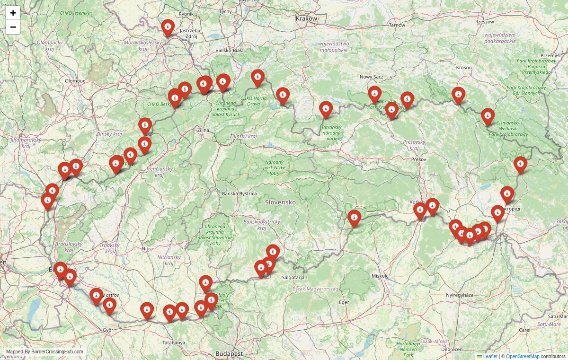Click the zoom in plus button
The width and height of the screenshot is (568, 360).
tap(13, 13)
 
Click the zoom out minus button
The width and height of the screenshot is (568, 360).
tap(13, 27)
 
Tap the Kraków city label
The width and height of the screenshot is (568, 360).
tap(306, 18)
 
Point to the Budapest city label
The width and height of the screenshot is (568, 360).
tap(229, 353)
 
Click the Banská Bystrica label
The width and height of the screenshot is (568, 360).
tap(240, 193)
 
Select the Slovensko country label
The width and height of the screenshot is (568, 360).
tap(280, 202)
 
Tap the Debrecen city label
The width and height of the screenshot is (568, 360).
tap(451, 349)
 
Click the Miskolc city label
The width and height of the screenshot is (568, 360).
tap(380, 275)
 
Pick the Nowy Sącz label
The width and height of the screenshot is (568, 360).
tap(371, 77)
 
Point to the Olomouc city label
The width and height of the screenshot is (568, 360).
tap(75, 81)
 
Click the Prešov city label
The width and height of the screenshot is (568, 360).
tap(418, 159)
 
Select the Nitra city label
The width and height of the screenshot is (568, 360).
tap(147, 248)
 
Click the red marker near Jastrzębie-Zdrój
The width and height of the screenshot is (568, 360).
tap(168, 27)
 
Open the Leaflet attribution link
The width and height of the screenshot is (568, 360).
tap(490, 356)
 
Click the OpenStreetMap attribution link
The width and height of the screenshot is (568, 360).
tap(523, 356)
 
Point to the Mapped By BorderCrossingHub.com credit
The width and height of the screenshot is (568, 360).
tap(44, 351)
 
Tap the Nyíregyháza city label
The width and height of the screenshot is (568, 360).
tap(460, 295)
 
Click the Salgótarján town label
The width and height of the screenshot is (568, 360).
tap(294, 277)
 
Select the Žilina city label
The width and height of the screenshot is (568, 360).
tap(204, 130)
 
